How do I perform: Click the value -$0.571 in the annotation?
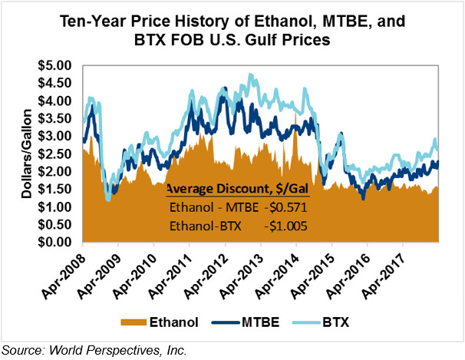click(285, 207)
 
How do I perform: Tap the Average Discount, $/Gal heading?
click(238, 189)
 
